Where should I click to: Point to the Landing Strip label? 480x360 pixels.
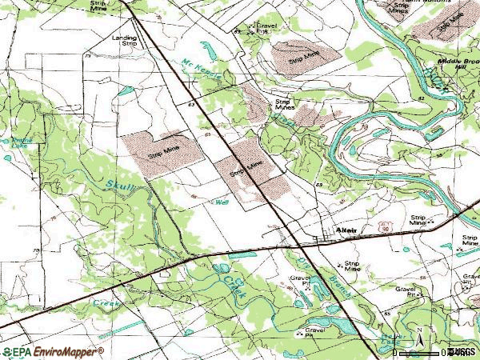(x=124, y=39)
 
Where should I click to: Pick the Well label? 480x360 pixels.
(x=222, y=202)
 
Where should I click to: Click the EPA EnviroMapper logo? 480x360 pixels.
(x=53, y=351)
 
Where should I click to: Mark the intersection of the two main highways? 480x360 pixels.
(x=297, y=239)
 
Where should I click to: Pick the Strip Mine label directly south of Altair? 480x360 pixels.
(x=349, y=266)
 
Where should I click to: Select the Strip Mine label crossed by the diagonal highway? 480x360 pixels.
(x=246, y=168)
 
